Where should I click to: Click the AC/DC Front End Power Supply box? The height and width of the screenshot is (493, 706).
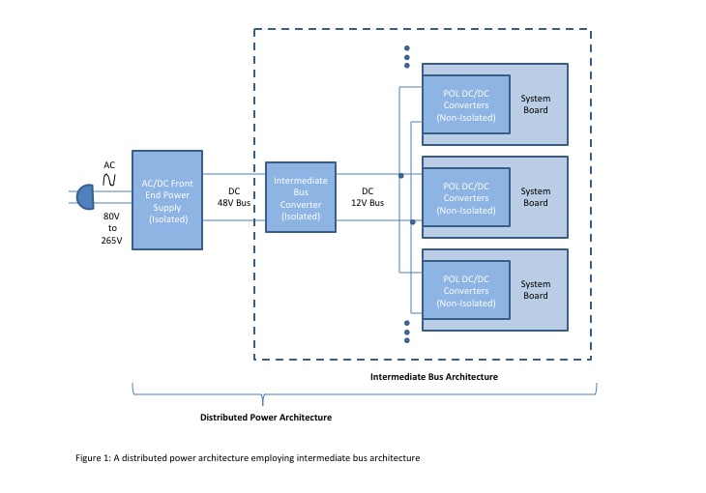pyautogui.click(x=167, y=200)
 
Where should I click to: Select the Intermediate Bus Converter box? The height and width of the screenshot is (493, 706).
pyautogui.click(x=301, y=198)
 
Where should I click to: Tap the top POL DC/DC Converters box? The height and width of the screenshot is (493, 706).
pyautogui.click(x=466, y=104)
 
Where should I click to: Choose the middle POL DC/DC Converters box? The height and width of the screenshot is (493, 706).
pyautogui.click(x=466, y=197)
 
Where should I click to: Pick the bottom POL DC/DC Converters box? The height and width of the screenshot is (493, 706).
pyautogui.click(x=466, y=291)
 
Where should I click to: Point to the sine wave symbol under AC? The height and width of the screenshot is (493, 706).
pyautogui.click(x=109, y=180)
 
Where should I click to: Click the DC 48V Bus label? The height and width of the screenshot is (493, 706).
pyautogui.click(x=234, y=197)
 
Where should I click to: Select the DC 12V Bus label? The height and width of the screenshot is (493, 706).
pyautogui.click(x=368, y=197)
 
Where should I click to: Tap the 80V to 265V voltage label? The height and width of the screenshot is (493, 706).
pyautogui.click(x=111, y=228)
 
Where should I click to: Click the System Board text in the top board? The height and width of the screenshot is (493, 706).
pyautogui.click(x=535, y=104)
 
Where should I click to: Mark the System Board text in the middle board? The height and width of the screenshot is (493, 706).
pyautogui.click(x=535, y=197)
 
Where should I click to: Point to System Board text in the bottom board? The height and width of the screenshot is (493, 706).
pyautogui.click(x=535, y=290)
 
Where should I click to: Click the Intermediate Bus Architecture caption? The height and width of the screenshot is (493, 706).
pyautogui.click(x=434, y=376)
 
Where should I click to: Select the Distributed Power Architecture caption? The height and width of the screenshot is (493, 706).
pyautogui.click(x=265, y=418)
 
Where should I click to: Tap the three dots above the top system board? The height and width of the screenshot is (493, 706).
pyautogui.click(x=407, y=57)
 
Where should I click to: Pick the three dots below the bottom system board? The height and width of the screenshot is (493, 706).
pyautogui.click(x=407, y=332)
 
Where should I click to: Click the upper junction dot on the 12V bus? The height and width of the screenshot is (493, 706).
pyautogui.click(x=401, y=176)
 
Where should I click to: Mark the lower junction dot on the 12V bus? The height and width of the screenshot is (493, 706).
pyautogui.click(x=413, y=222)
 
